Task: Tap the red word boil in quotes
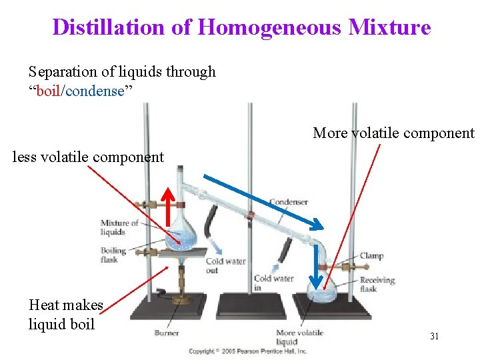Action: click(48, 91)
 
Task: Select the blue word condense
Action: click(94, 91)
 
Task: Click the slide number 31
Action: click(434, 337)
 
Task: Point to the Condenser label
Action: click(289, 202)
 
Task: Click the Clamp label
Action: click(371, 256)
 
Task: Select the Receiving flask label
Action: click(377, 285)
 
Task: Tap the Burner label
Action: click(167, 332)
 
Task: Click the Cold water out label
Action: click(225, 265)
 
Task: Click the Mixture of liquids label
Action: click(119, 227)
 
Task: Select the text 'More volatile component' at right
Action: click(393, 133)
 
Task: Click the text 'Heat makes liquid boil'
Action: click(65, 315)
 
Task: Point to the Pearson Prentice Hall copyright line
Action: click(247, 351)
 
